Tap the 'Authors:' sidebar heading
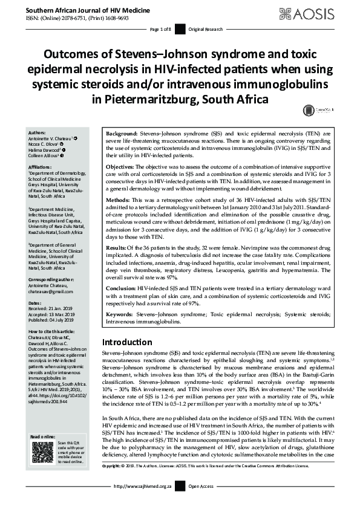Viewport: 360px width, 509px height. coord(37,131)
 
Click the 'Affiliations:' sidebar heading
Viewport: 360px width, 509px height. coord(40,166)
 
